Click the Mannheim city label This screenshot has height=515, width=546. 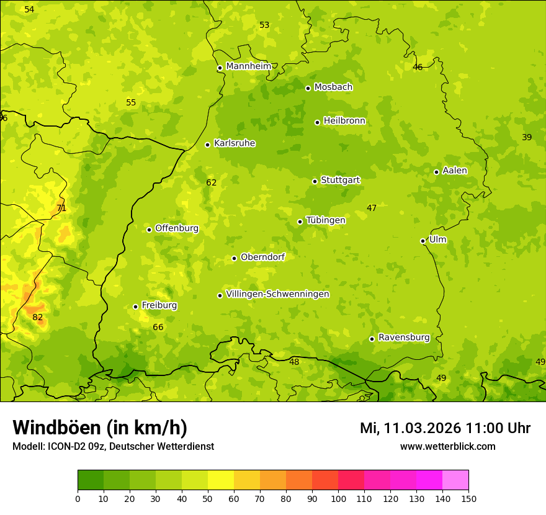tap(249, 66)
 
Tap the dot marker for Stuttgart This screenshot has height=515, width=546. tap(315, 181)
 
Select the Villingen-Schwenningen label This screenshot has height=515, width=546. tap(277, 294)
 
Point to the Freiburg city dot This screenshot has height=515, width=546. tap(135, 307)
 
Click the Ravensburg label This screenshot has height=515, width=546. tap(404, 338)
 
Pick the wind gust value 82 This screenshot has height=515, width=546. tap(38, 317)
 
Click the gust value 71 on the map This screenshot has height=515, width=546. tap(61, 208)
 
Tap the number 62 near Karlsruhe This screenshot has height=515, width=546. tap(212, 182)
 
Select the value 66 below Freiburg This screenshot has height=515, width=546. tap(158, 327)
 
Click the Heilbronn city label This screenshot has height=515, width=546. tap(344, 121)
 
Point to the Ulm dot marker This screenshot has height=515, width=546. tap(423, 241)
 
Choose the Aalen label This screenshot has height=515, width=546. tap(455, 171)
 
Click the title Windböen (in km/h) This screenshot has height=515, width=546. tap(100, 428)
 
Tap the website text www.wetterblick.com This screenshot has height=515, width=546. tap(447, 446)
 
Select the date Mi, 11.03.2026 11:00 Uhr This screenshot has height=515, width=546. tap(445, 428)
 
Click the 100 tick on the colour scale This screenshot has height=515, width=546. tap(338, 498)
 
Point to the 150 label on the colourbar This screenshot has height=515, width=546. tap(468, 498)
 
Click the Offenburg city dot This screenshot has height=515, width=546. tap(149, 230)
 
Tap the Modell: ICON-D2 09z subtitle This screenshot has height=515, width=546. tap(113, 446)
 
